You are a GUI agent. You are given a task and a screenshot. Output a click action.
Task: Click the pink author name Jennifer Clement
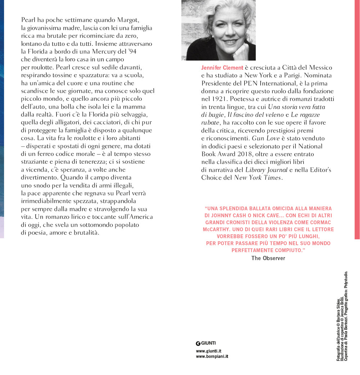[222, 68]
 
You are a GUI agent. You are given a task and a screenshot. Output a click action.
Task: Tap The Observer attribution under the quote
[268, 258]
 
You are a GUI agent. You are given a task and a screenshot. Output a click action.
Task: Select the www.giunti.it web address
[208, 351]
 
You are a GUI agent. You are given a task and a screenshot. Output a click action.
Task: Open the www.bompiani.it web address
[212, 357]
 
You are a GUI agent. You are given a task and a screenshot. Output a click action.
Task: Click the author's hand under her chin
[240, 50]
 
